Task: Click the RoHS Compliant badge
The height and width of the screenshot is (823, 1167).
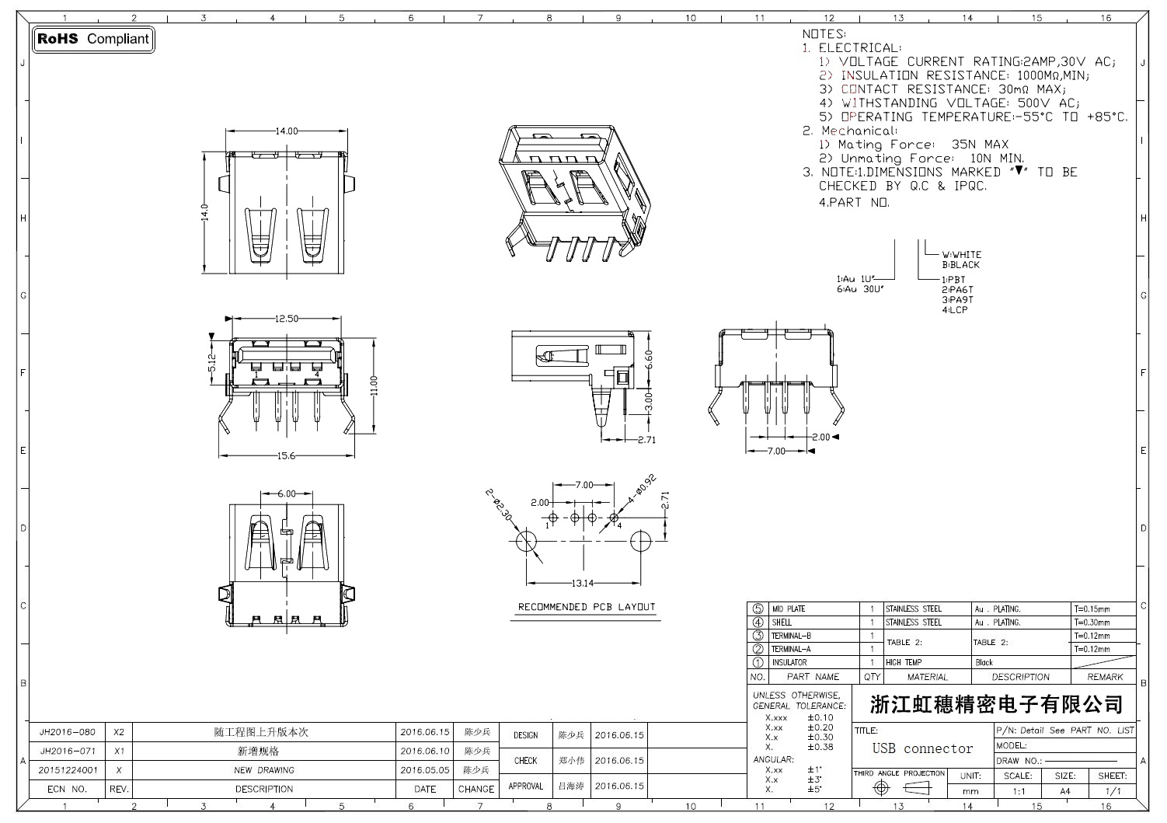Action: point(93,39)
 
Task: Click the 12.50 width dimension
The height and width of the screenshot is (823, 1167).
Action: point(287,319)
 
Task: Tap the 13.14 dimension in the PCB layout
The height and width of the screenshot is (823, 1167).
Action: point(583,583)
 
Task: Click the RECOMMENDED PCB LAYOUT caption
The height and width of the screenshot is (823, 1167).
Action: point(587,607)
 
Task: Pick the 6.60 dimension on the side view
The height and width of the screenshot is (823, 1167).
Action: point(649,358)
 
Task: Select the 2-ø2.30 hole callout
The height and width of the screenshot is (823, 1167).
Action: point(499,505)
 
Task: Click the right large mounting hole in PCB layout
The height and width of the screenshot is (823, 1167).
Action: point(641,542)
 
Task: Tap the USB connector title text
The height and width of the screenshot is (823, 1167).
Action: point(922,749)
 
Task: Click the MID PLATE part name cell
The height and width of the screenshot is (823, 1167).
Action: point(788,609)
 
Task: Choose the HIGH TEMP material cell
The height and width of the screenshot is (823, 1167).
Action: point(904,663)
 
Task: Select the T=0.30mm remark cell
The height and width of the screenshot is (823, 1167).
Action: point(1092,622)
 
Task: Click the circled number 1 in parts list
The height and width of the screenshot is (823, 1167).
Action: point(758,663)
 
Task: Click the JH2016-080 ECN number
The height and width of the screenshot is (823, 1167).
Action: point(68,732)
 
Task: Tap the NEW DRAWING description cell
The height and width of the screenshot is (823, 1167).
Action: point(264,770)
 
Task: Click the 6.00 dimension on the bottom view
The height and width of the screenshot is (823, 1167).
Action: point(287,493)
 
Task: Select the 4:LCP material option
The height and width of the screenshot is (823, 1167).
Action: point(955,310)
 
